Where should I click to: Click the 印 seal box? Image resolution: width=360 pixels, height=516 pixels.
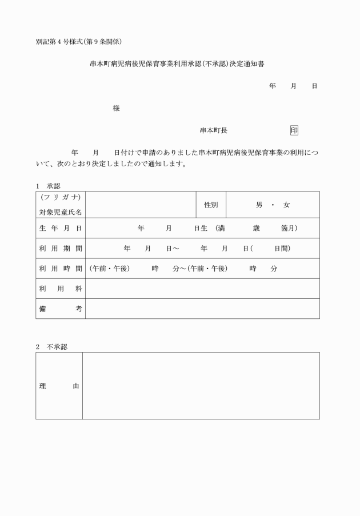[x=294, y=130]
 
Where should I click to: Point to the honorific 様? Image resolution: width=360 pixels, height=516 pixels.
[x=117, y=109]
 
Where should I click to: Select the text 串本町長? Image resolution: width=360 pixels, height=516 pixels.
[x=214, y=130]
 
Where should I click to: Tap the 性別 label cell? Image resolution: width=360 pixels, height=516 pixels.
[x=211, y=205]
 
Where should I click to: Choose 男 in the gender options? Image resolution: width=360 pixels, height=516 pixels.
[x=259, y=205]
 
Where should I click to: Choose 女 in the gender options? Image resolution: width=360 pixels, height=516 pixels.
[x=286, y=205]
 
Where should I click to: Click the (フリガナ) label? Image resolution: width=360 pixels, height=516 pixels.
[x=60, y=197]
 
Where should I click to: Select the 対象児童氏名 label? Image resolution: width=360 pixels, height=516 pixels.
[x=60, y=212]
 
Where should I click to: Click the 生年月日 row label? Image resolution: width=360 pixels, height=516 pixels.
[x=60, y=228]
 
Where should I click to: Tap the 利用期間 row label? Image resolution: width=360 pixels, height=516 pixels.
[x=60, y=249]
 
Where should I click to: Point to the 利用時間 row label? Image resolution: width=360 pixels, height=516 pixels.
[x=60, y=268]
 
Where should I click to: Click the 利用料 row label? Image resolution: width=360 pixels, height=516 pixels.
[x=60, y=289]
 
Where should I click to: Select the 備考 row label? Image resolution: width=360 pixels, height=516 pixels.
[x=60, y=309]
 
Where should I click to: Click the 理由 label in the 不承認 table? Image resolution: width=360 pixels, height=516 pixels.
[x=59, y=386]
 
